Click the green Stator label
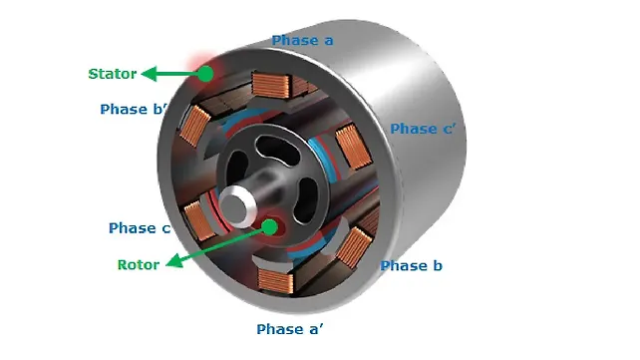click(x=112, y=74)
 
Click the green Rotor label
click(x=139, y=265)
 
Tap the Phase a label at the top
click(x=302, y=41)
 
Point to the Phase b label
click(x=412, y=266)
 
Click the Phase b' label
click(x=133, y=110)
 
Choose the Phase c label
click(x=139, y=228)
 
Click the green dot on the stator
click(x=205, y=73)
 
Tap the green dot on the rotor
click(x=269, y=225)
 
